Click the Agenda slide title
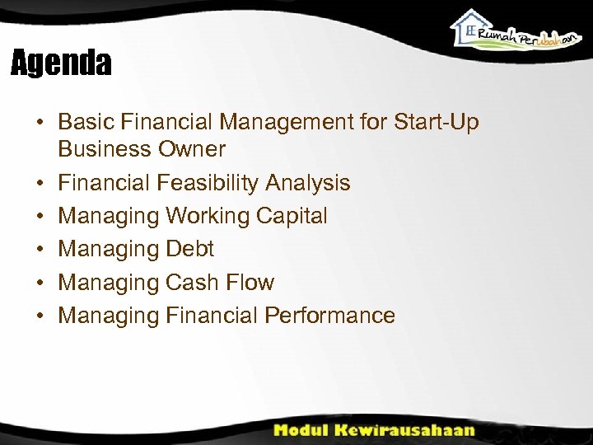point(61,63)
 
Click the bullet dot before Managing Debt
point(39,250)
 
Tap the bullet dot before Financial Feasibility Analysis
point(39,184)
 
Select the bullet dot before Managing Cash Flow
point(39,283)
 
